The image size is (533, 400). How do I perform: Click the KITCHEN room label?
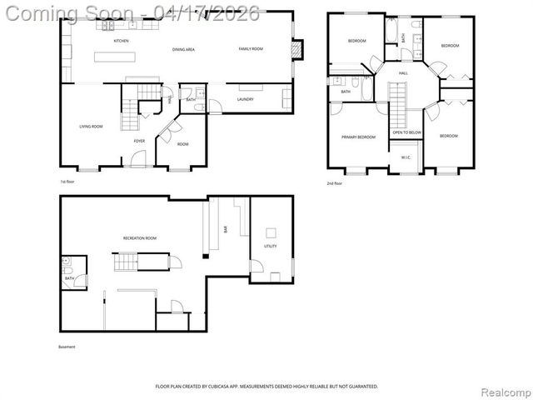(x=121, y=41)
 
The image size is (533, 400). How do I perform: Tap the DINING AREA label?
(x=183, y=50)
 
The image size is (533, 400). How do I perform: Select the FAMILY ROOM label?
(x=251, y=49)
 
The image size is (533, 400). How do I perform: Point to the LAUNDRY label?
(x=245, y=100)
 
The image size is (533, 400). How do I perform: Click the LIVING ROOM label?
(x=91, y=127)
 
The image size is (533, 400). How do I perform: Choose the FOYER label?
(x=139, y=141)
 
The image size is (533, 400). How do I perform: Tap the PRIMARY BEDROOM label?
(x=358, y=137)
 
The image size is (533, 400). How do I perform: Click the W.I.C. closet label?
(x=406, y=157)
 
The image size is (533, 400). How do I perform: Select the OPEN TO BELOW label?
(x=406, y=132)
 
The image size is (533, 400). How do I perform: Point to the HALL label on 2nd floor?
(x=403, y=73)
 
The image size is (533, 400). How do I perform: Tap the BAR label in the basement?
(x=226, y=229)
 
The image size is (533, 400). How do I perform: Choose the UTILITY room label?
(x=271, y=247)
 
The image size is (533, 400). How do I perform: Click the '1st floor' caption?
(x=68, y=182)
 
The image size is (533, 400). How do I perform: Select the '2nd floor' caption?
(x=335, y=182)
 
